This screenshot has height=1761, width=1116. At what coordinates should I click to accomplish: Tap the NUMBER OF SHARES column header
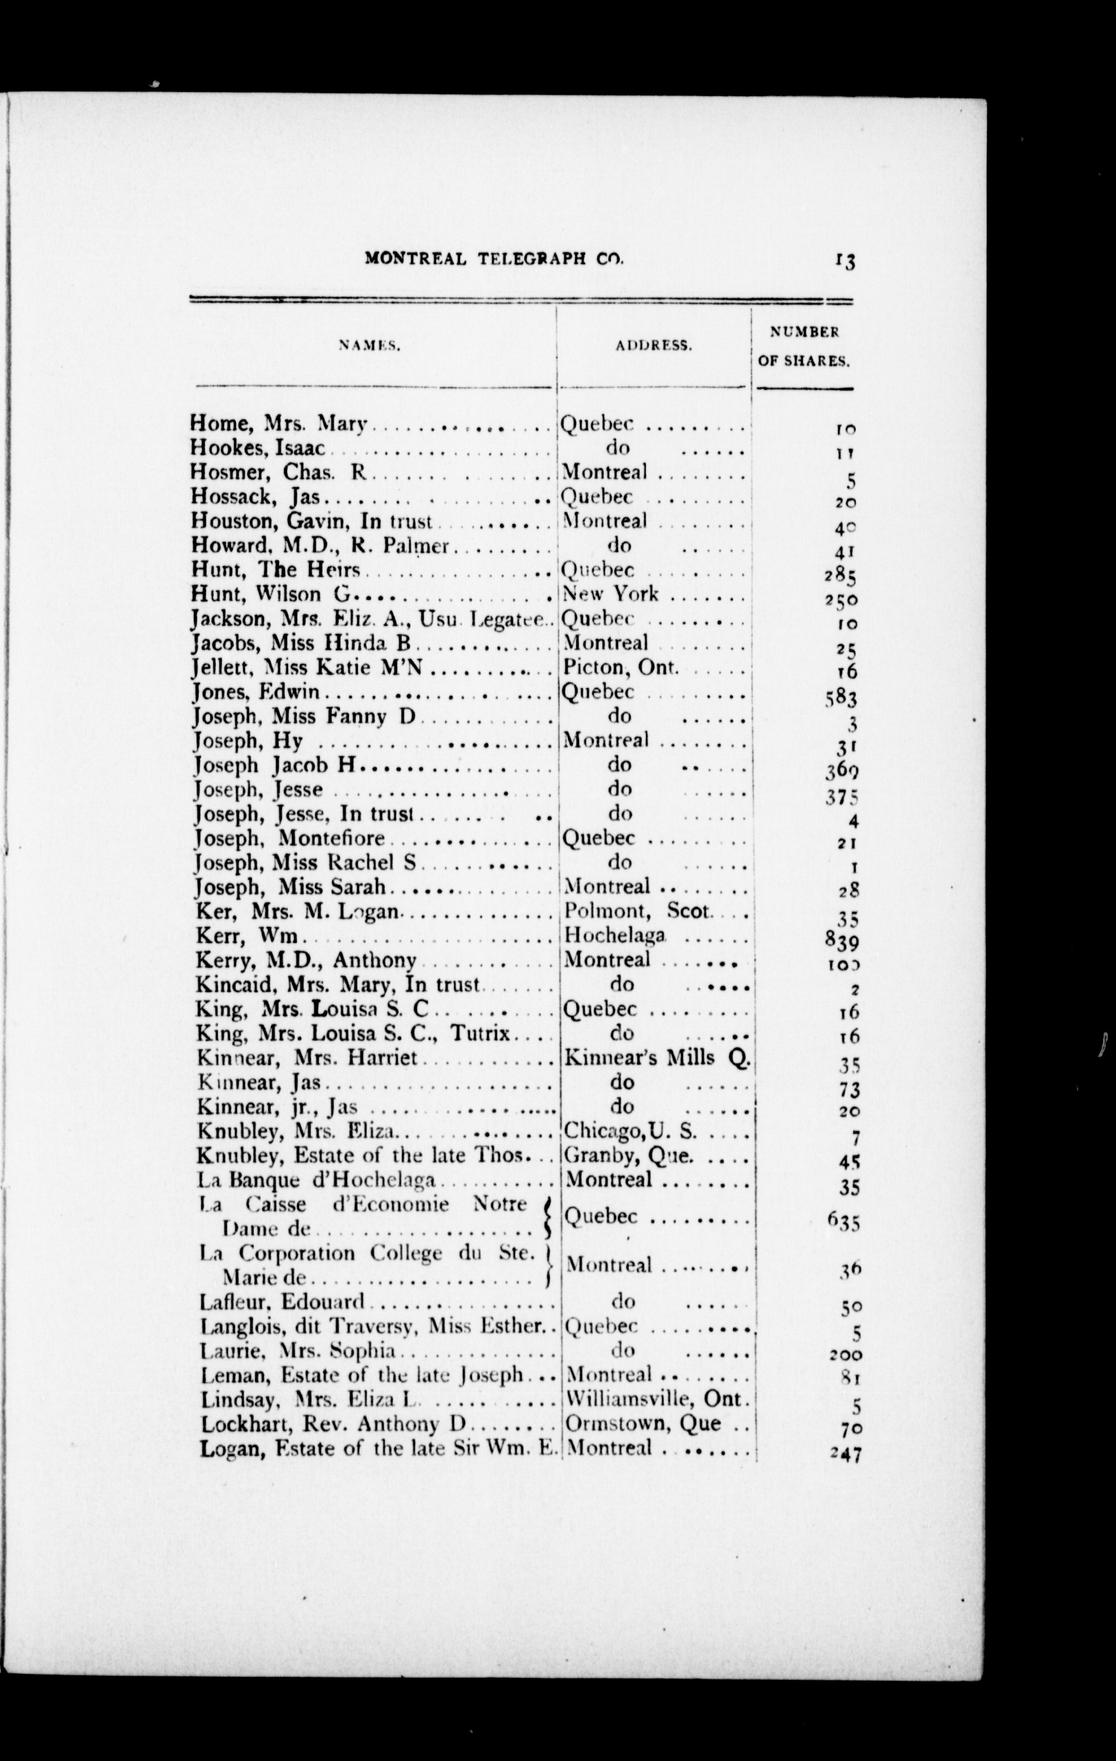click(x=803, y=346)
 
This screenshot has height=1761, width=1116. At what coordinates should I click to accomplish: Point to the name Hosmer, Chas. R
click(x=281, y=473)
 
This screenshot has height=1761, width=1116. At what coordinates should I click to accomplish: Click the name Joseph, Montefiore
click(x=289, y=838)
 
